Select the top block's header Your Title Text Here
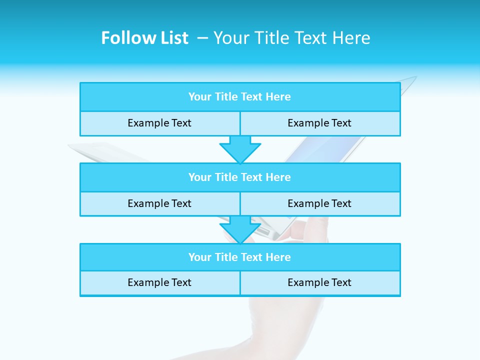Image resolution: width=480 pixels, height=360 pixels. click(x=239, y=97)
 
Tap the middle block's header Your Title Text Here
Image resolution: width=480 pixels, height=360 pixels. click(x=239, y=177)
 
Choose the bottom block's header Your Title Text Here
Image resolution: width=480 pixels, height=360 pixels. click(x=239, y=257)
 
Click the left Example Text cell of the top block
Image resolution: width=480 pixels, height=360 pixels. click(x=159, y=123)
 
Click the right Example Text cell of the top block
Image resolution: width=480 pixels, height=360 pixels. click(x=319, y=123)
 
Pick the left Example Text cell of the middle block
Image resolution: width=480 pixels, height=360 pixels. click(x=159, y=204)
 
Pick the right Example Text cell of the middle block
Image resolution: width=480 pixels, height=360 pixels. click(x=319, y=204)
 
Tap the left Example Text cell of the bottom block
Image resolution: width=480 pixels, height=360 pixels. click(x=159, y=283)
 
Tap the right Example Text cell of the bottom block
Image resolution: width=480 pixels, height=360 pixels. click(x=319, y=283)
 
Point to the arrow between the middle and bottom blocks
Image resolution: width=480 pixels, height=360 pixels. click(x=240, y=229)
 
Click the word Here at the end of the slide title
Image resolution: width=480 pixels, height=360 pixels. click(x=353, y=38)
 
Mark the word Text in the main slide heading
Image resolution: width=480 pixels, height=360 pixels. click(x=308, y=38)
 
